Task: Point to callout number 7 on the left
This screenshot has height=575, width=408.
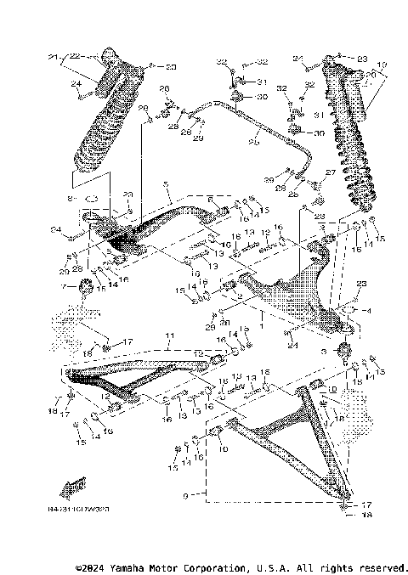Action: point(63,288)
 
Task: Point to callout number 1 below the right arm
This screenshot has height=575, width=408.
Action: point(262,325)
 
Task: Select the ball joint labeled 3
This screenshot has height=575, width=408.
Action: point(345,349)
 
